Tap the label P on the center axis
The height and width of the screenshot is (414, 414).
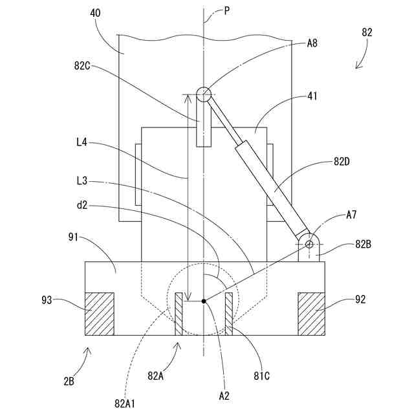(x=226, y=12)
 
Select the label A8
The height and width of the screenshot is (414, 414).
(x=313, y=44)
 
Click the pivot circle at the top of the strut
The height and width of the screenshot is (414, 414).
(x=204, y=94)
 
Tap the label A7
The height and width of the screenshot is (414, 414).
(x=353, y=213)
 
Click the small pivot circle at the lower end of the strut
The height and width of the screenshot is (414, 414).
(x=310, y=244)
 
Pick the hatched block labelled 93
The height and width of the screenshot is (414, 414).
(x=99, y=314)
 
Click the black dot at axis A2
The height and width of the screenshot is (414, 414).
(x=203, y=301)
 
